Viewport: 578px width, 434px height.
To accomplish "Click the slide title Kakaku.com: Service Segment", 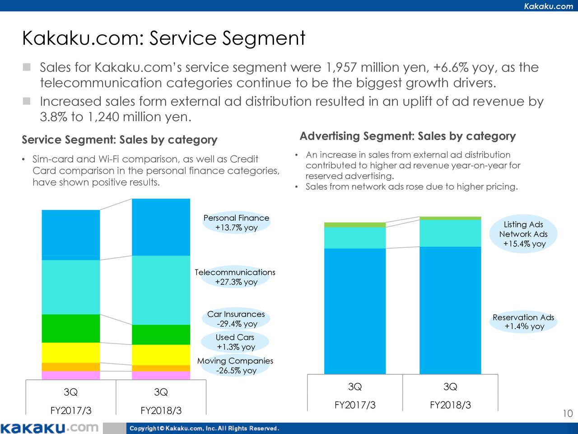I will [x=163, y=38].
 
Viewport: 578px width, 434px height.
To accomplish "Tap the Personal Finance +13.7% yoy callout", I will [x=236, y=223].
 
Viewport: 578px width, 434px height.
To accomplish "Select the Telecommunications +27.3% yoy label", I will [x=235, y=277].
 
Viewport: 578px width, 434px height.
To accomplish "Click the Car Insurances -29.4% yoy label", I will [x=236, y=319].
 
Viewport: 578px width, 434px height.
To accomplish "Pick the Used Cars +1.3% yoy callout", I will [x=235, y=342].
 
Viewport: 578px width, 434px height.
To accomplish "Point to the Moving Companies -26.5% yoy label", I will [x=235, y=366].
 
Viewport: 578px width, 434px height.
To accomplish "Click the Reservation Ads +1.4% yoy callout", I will [x=523, y=322].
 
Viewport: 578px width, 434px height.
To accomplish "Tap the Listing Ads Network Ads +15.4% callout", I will [x=523, y=234].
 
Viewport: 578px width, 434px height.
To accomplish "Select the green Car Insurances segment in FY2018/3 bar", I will [x=161, y=335].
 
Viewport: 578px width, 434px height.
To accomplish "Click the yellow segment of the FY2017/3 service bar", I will [x=70, y=353].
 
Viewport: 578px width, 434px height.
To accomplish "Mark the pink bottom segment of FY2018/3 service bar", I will [x=161, y=375].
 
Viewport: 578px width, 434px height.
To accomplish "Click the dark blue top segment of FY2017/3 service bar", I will [x=70, y=235].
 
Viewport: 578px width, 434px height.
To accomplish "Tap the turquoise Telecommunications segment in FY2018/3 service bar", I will [x=161, y=290].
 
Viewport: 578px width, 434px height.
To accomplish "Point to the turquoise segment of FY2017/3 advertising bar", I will [x=355, y=238].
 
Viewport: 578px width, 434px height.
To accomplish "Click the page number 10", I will [x=568, y=414].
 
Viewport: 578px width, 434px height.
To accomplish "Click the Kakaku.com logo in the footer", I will [x=49, y=428].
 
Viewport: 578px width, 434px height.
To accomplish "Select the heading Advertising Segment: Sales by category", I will [x=407, y=136].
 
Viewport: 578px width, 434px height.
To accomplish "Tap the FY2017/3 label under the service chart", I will [x=70, y=410].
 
